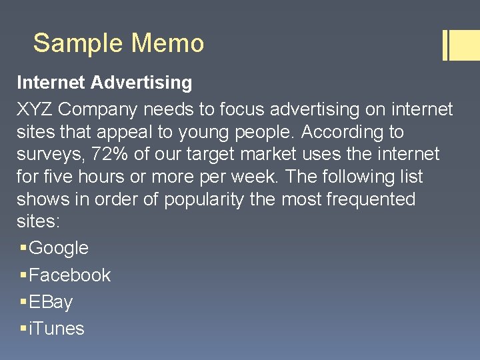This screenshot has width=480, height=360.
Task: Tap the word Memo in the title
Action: click(x=167, y=43)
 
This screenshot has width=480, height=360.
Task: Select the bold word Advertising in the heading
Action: click(x=141, y=83)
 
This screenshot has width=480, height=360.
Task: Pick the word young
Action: click(x=203, y=132)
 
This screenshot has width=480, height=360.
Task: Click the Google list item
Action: click(x=59, y=248)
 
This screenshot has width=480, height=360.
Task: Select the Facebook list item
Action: click(x=69, y=275)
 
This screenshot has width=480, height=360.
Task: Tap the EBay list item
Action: click(x=51, y=302)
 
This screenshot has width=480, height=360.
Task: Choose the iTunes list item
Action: click(x=57, y=329)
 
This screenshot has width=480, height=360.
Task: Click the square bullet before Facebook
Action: click(x=23, y=275)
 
